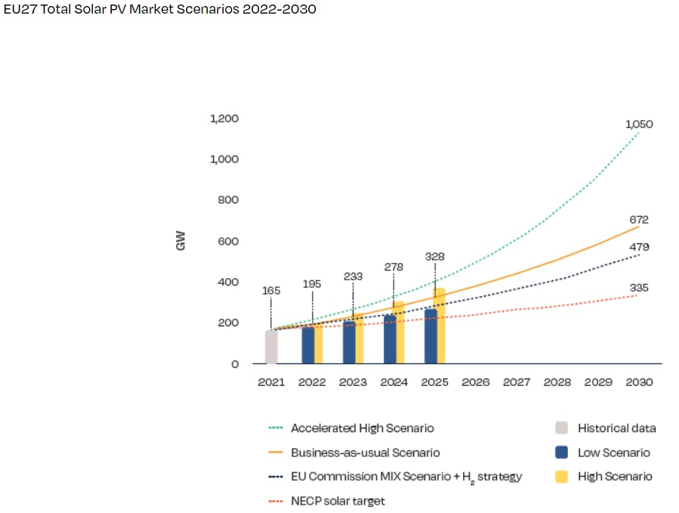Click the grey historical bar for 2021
[271, 347]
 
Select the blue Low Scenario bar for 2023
[349, 342]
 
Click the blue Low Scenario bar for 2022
[307, 345]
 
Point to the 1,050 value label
[639, 124]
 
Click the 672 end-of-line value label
[639, 219]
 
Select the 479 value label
[639, 247]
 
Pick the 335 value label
[639, 288]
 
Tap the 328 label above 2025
[435, 256]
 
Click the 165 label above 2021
[271, 290]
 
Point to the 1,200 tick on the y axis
[224, 119]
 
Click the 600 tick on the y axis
[227, 241]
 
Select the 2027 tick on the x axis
[517, 382]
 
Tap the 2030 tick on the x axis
[639, 382]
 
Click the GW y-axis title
[181, 241]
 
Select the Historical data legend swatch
[561, 428]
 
